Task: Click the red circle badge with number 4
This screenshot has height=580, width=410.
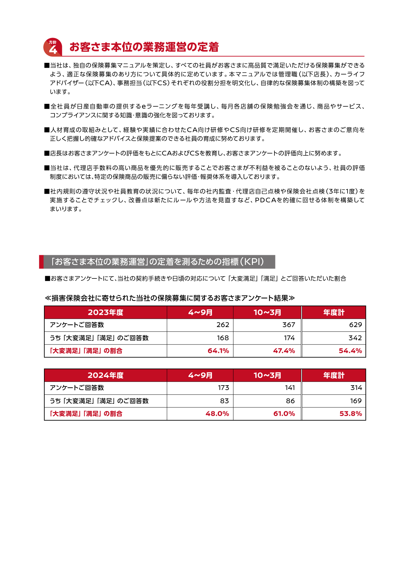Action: [53, 47]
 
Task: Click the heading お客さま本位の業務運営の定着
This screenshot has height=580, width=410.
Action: [144, 47]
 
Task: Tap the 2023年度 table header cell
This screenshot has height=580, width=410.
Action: [105, 312]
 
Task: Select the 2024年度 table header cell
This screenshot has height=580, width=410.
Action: [105, 375]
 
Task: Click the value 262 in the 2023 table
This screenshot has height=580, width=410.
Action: [223, 325]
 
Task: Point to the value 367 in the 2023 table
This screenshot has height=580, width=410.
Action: [288, 325]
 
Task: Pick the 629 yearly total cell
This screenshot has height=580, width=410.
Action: [355, 325]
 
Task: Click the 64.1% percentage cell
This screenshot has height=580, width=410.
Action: [218, 351]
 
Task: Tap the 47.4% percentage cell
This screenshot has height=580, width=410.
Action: [284, 351]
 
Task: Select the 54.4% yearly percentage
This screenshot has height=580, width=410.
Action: [350, 351]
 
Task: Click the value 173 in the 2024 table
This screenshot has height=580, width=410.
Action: [223, 388]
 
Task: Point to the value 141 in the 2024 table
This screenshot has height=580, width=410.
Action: [290, 388]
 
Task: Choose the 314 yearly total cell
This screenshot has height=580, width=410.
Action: [356, 388]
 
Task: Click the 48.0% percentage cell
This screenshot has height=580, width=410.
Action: [217, 414]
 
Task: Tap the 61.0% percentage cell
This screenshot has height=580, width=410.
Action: [284, 414]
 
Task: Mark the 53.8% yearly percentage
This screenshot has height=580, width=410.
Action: [350, 414]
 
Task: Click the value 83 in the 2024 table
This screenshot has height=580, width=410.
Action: [224, 401]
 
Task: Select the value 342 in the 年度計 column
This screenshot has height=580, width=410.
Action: [355, 338]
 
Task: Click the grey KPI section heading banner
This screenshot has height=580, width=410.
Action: [157, 262]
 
